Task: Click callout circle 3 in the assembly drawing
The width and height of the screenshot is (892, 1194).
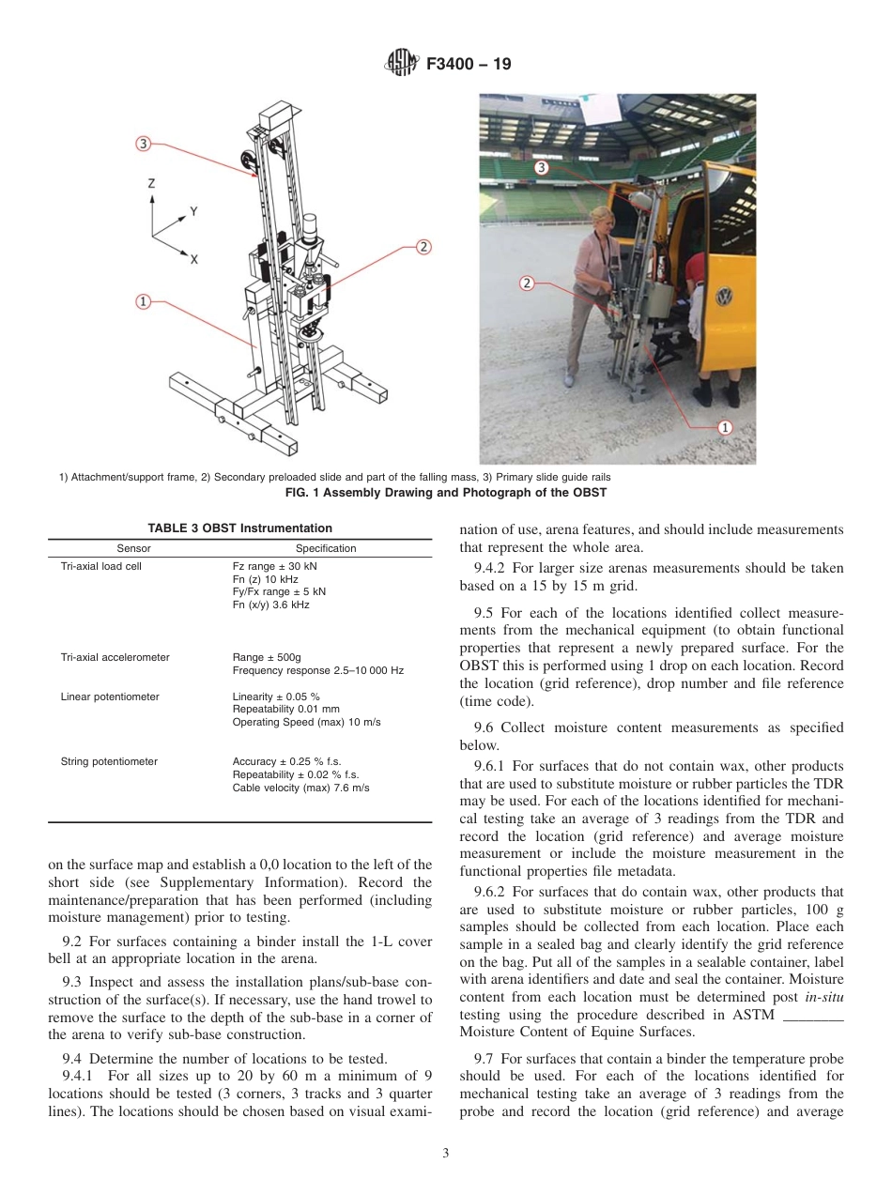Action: (143, 144)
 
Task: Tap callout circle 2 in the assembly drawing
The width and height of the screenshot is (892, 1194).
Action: (423, 247)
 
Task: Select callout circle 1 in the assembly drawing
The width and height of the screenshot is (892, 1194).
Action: (143, 301)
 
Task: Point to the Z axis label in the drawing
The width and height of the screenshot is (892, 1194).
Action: (151, 185)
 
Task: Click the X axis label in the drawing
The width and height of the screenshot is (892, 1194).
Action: (194, 258)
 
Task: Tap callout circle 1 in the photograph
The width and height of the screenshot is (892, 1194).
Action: (724, 427)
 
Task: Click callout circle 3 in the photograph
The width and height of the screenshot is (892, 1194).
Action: (541, 167)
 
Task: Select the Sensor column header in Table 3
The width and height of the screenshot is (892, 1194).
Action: (133, 548)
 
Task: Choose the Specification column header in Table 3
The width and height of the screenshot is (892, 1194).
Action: (326, 548)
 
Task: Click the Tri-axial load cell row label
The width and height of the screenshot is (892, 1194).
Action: (100, 567)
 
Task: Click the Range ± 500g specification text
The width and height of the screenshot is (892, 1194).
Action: (269, 657)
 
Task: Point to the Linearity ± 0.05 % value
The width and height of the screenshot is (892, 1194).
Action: (276, 696)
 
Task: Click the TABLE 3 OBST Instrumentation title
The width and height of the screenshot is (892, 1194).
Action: (239, 528)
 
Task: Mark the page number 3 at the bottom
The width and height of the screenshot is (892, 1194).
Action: (446, 1154)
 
